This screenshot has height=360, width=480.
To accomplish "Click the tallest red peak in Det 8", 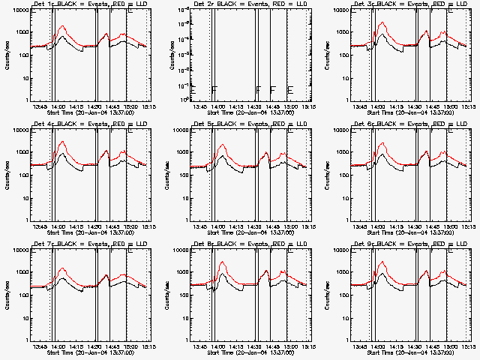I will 223,262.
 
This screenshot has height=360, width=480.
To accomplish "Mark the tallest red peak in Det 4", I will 62,142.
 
